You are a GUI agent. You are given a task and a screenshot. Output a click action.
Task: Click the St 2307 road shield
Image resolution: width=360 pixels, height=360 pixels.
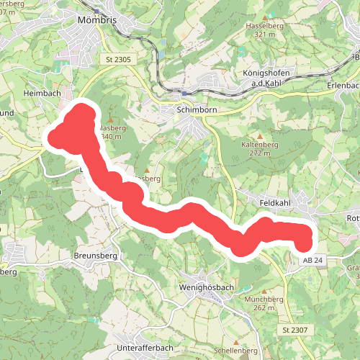(x=294, y=329)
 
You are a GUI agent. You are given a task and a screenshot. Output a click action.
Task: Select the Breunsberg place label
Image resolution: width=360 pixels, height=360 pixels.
(x=94, y=256)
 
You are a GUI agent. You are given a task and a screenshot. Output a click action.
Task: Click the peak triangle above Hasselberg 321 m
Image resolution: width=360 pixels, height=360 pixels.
(x=260, y=17)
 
